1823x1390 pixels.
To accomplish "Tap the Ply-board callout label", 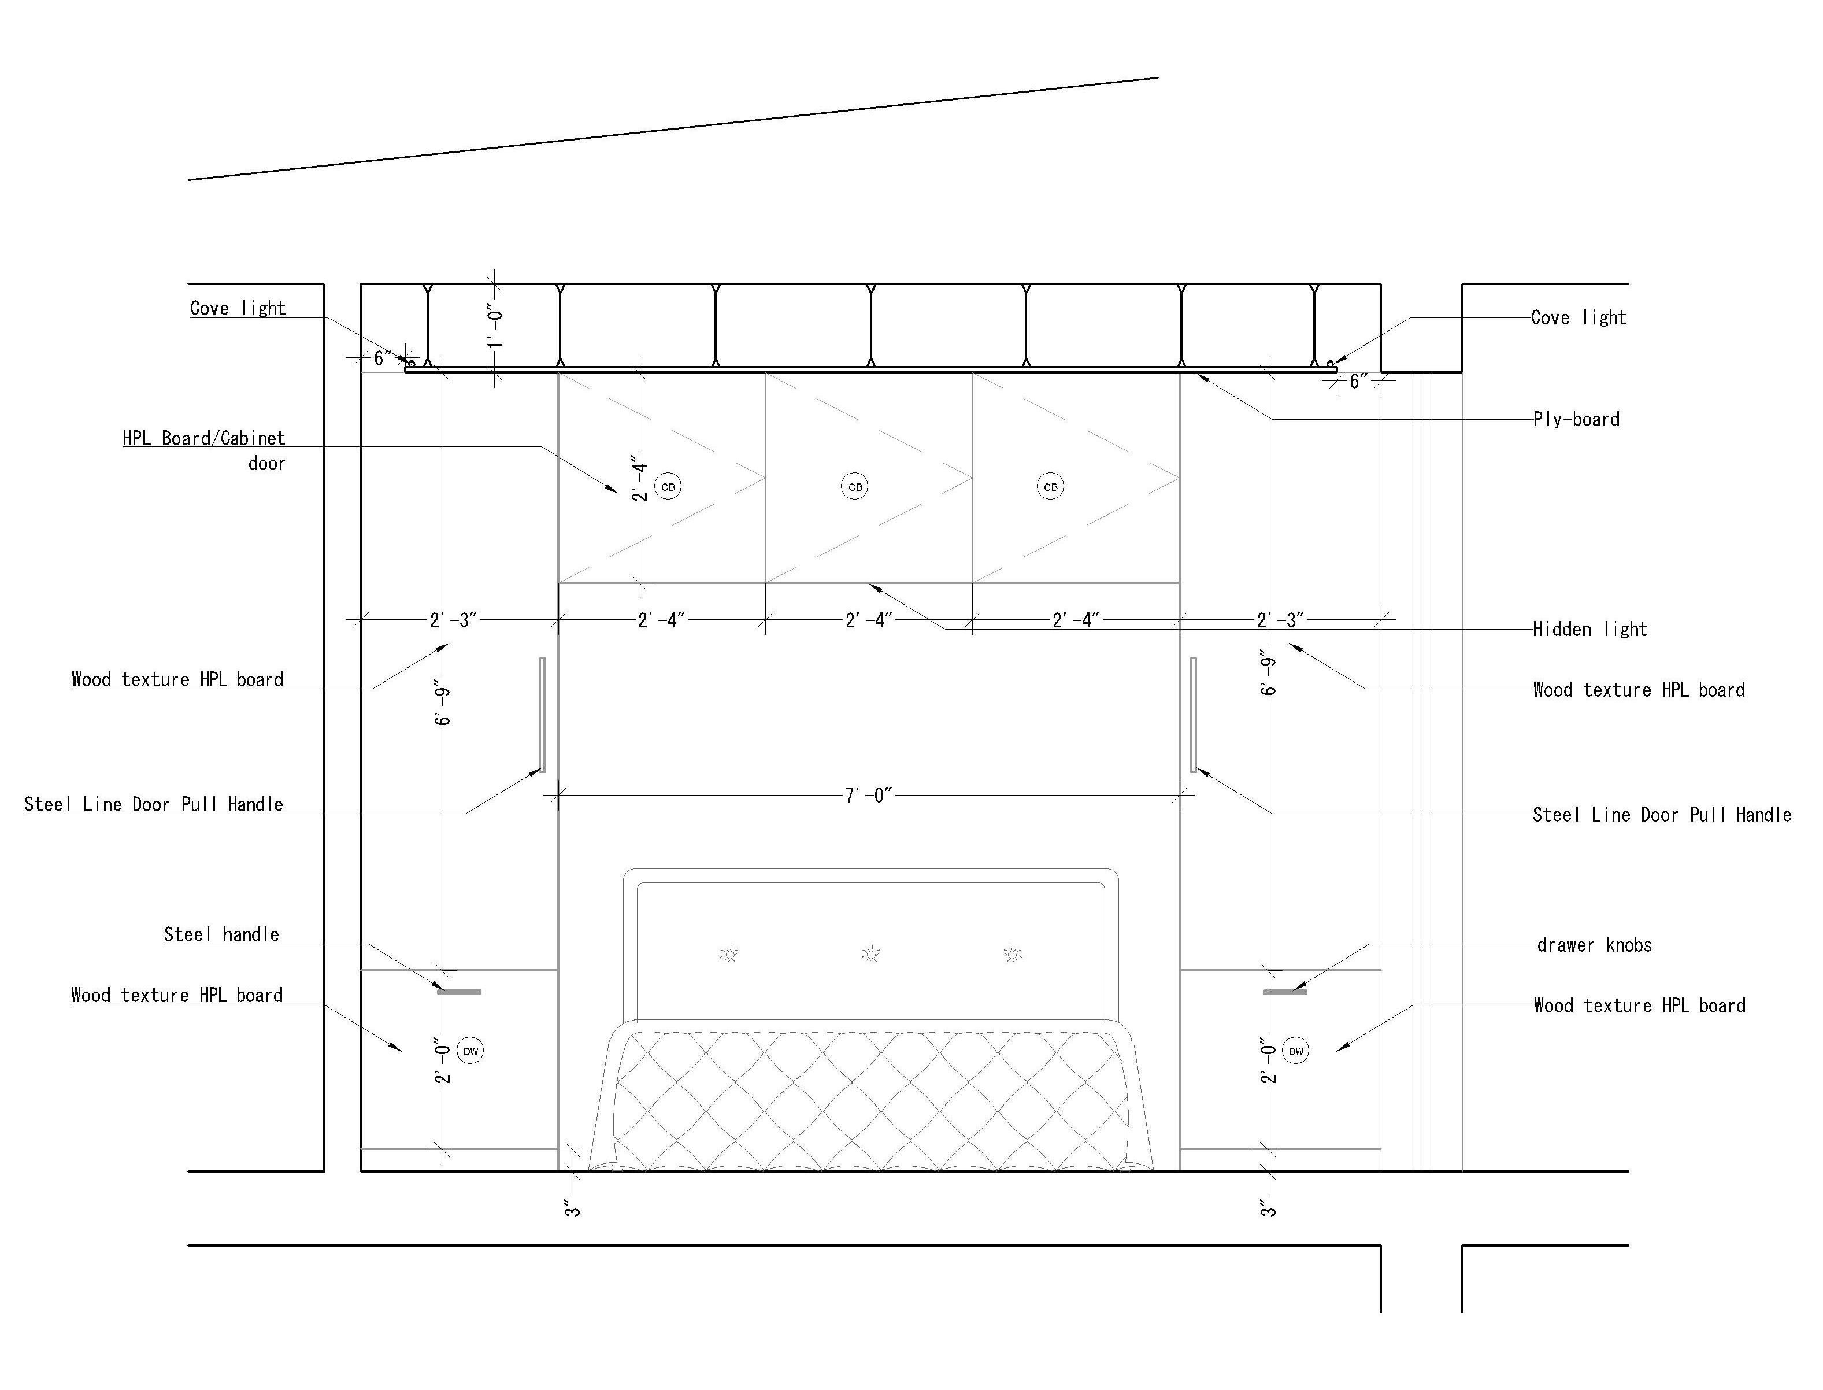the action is pos(1576,419).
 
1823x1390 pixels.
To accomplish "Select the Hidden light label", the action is pos(1589,630).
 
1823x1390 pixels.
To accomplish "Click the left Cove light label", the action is pos(238,309).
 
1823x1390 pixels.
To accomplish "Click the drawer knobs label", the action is pos(1594,945).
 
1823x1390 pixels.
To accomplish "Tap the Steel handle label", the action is pos(222,935).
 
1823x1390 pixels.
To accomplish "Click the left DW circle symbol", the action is pos(470,1052).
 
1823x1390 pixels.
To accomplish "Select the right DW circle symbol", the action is pos(1295,1052).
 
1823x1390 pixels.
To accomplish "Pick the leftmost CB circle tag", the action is pos(668,486).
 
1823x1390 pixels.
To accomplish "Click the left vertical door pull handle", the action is pos(543,715).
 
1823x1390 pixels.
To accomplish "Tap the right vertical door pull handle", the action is pos(1193,715).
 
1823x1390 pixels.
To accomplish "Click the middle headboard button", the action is pos(870,955).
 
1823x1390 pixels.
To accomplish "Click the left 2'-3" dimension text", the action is pos(453,620).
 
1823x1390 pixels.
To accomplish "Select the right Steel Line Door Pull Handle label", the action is pos(1662,815).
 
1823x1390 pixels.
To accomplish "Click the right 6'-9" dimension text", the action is pos(1269,672).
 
